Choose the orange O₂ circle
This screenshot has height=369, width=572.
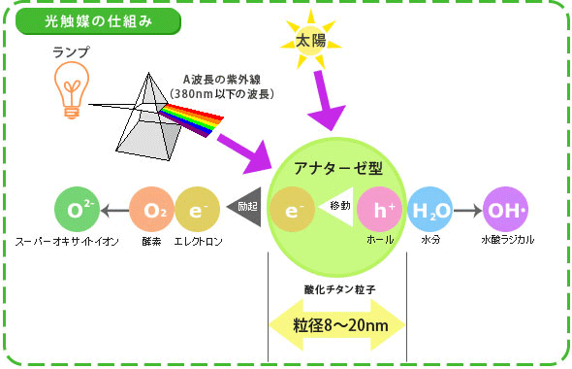152,209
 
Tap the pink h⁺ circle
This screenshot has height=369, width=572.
378,209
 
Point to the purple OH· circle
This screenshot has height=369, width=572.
505,209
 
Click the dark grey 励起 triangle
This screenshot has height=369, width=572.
248,206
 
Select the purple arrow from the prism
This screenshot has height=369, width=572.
246,149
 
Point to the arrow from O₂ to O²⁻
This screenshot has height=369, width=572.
113,209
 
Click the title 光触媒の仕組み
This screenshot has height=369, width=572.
98,19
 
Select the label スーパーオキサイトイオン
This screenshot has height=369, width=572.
66,240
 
